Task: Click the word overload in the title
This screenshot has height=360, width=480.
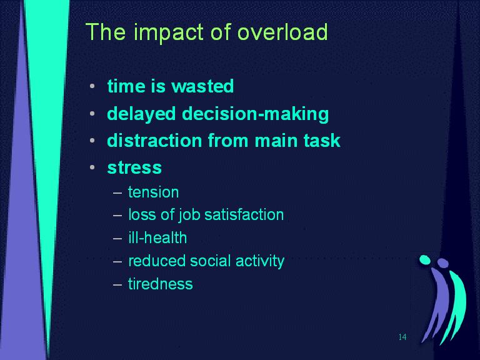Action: pos(282,31)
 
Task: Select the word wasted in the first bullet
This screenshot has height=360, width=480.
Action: pos(202,86)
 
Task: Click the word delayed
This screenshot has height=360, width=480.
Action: pos(141,114)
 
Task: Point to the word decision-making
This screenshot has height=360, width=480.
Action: pos(255,114)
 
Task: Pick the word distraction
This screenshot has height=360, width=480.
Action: pos(154,141)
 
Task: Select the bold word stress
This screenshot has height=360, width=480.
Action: pos(134,167)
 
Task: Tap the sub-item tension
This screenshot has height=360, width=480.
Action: pos(153,192)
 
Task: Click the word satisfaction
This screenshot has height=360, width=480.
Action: pos(244,214)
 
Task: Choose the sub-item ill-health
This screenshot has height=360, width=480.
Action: pos(157,237)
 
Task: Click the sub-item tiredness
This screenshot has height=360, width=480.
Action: pos(161,284)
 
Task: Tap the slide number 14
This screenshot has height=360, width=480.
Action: pos(402,337)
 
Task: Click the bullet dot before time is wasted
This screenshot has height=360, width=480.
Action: pos(92,86)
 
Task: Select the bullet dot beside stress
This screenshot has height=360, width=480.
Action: pos(92,167)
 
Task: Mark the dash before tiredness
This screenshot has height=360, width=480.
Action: pos(117,285)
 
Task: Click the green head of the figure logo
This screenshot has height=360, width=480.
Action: pos(425,259)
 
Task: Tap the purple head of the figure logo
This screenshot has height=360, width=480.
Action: pos(443,263)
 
